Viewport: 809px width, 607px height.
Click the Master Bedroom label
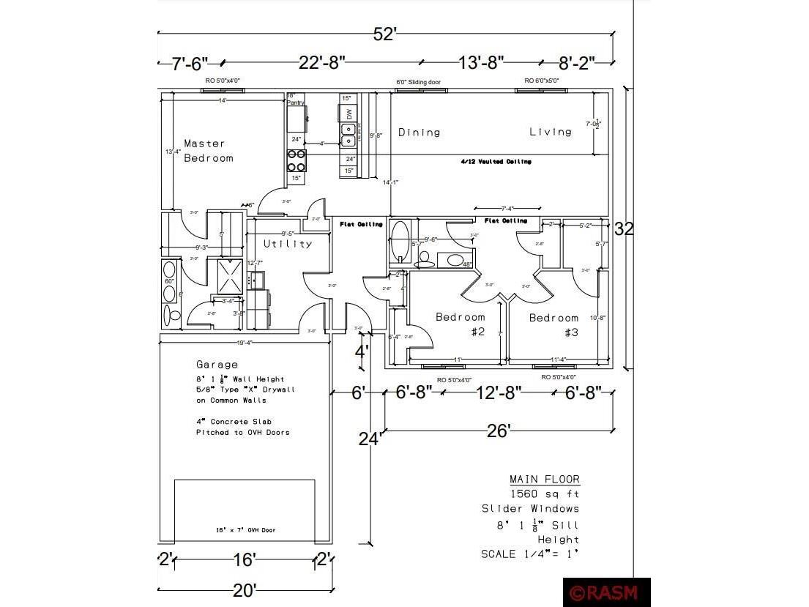coord(209,151)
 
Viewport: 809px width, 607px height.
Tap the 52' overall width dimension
coord(384,34)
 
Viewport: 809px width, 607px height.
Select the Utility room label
coord(288,244)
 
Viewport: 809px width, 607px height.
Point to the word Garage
coord(217,364)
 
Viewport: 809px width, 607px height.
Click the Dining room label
coord(420,133)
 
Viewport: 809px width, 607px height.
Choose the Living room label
coord(551,132)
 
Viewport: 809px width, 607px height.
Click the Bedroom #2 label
coord(461,324)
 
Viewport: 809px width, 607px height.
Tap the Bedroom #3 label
coord(554,324)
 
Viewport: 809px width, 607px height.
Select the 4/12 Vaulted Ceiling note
coord(496,161)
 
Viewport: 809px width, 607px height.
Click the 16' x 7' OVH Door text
coord(245,530)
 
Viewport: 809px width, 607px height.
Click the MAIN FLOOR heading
coord(545,479)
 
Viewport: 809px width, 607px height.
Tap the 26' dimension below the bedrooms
coord(498,431)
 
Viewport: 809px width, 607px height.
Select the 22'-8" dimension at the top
coord(321,63)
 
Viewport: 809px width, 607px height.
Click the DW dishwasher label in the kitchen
coord(349,113)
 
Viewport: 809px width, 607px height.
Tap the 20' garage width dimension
coord(245,589)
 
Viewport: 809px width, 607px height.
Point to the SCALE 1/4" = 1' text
coord(530,554)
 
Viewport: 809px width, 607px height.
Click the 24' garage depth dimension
coord(369,439)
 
